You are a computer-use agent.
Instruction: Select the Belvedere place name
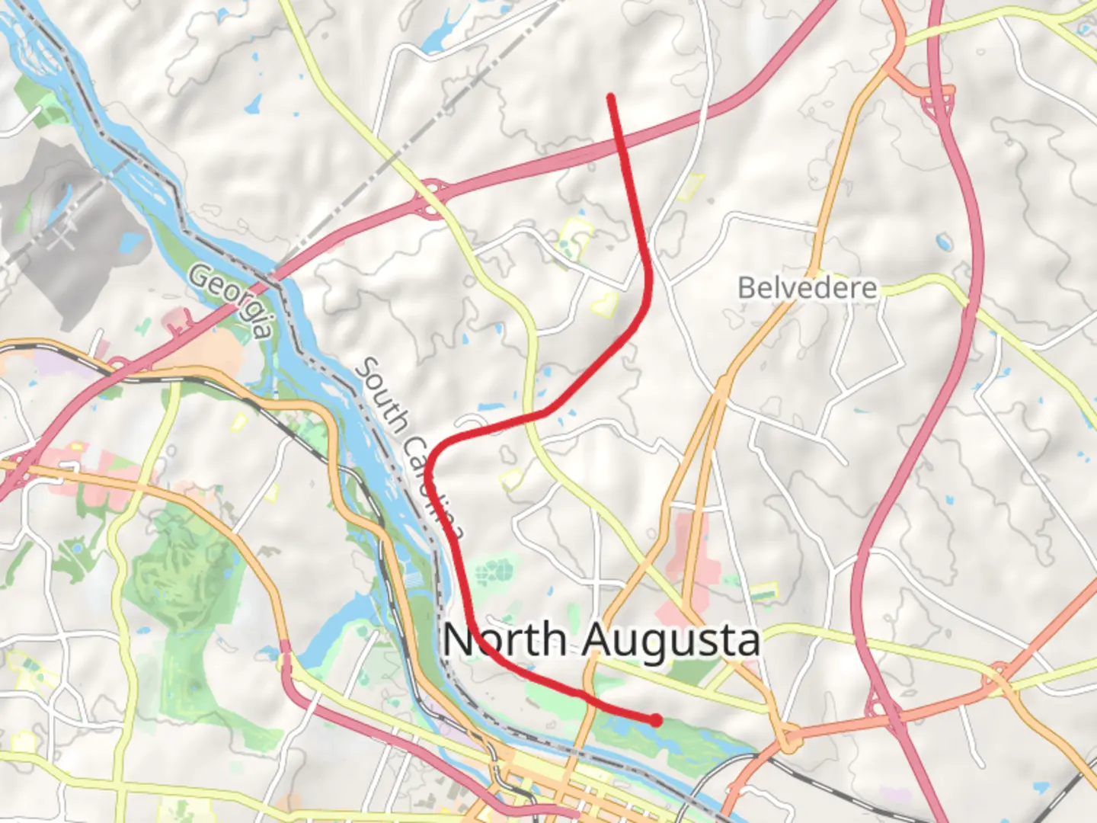pyautogui.click(x=808, y=288)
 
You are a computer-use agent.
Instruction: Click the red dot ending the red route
pyautogui.click(x=656, y=719)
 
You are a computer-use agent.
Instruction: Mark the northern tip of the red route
pyautogui.click(x=610, y=96)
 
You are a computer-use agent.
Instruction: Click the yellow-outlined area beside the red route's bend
pyautogui.click(x=606, y=305)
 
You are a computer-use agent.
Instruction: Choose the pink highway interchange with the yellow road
pyautogui.click(x=432, y=197)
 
